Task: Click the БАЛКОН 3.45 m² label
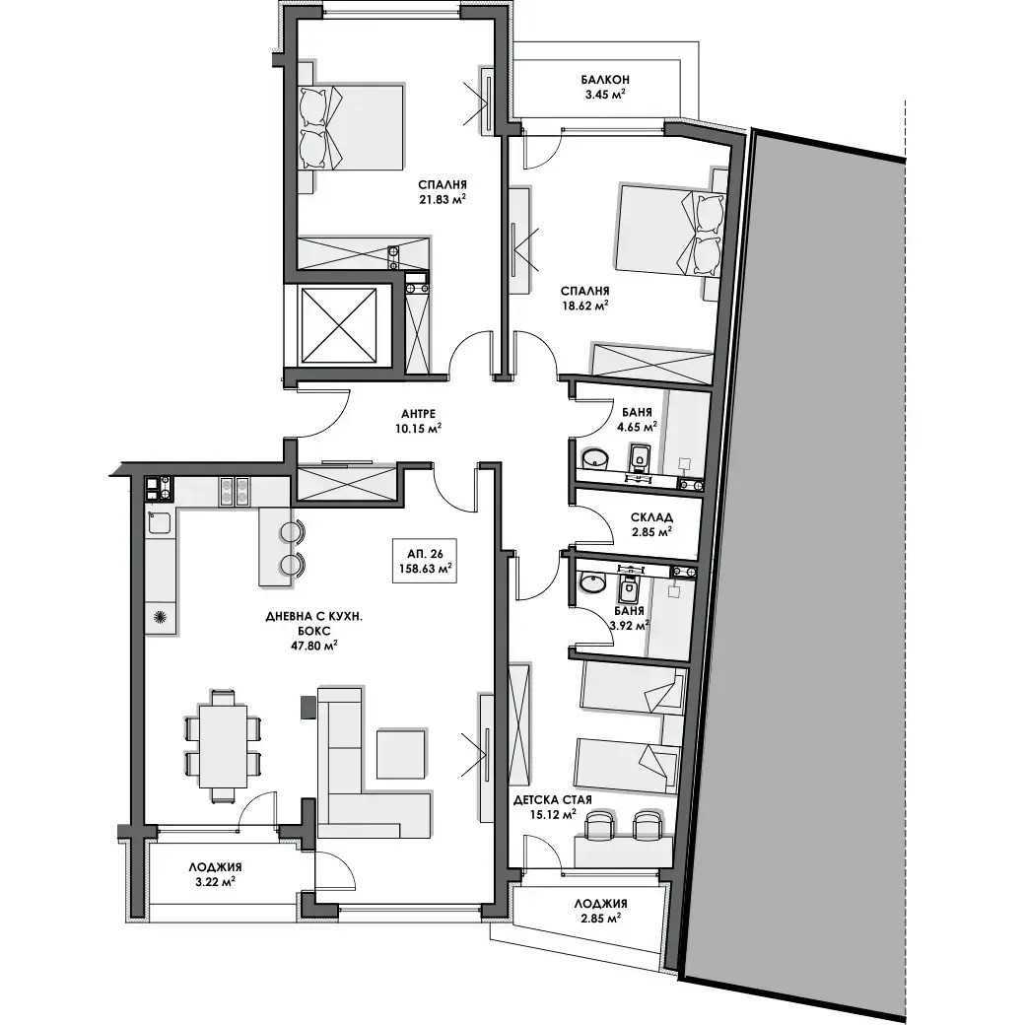point(605,87)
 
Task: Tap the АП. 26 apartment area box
point(426,561)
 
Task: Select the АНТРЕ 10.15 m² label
point(418,422)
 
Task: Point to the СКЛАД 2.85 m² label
point(651,524)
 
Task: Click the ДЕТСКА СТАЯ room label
point(553,799)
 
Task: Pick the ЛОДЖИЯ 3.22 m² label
point(215,874)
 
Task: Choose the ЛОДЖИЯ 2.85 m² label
point(601,911)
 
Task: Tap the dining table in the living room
point(223,746)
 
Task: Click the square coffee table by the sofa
point(401,753)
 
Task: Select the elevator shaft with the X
point(339,325)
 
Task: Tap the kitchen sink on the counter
point(159,523)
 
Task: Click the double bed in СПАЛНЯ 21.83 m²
point(350,128)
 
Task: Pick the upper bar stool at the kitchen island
point(292,531)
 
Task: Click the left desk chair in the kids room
point(600,824)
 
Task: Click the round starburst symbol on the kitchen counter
point(160,616)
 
